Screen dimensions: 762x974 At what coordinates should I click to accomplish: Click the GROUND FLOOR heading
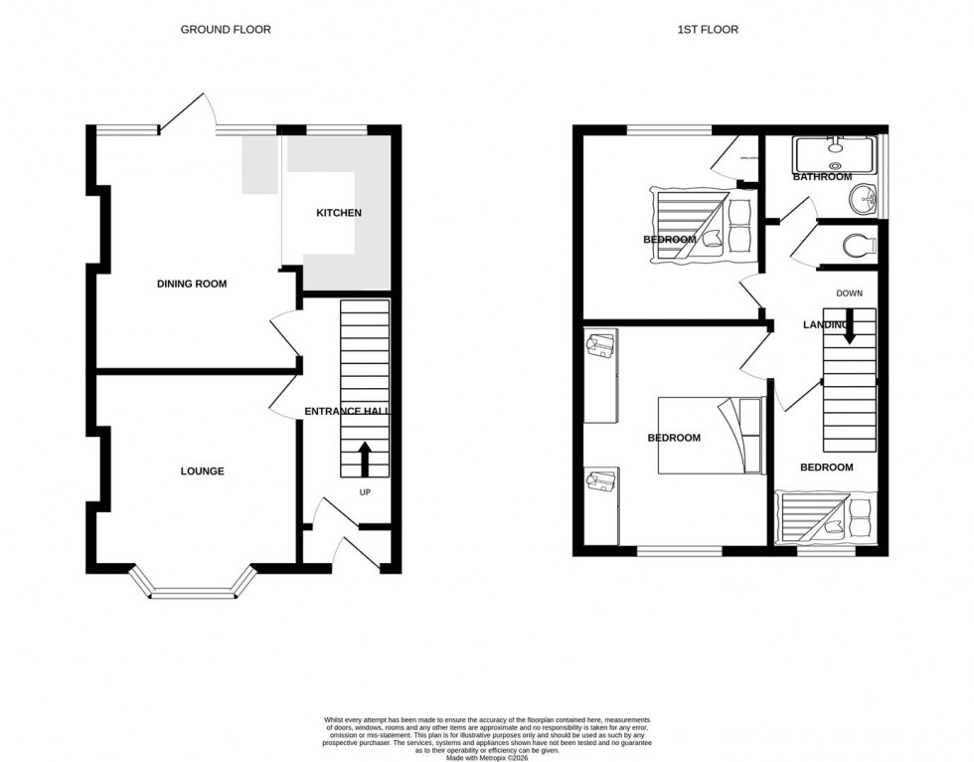pos(226,30)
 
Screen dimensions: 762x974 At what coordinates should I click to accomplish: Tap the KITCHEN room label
pos(339,213)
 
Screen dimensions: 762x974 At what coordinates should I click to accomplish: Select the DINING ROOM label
pos(192,284)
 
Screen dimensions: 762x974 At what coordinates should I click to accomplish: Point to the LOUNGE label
pos(202,471)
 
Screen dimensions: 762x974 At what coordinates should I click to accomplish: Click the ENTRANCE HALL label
pos(347,411)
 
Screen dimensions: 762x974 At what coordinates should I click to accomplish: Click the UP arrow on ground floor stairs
pos(365,460)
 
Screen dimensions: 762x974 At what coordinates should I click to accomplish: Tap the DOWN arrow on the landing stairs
pos(850,326)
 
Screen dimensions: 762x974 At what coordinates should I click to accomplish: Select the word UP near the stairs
pos(365,491)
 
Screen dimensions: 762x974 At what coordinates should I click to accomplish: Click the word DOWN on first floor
pos(850,293)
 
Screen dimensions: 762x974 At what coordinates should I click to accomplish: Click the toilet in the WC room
pos(856,243)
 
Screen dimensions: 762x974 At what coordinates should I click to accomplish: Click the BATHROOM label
pos(822,177)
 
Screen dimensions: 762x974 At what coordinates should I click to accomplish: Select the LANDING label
pos(825,325)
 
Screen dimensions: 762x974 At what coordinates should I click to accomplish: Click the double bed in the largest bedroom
pos(709,435)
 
